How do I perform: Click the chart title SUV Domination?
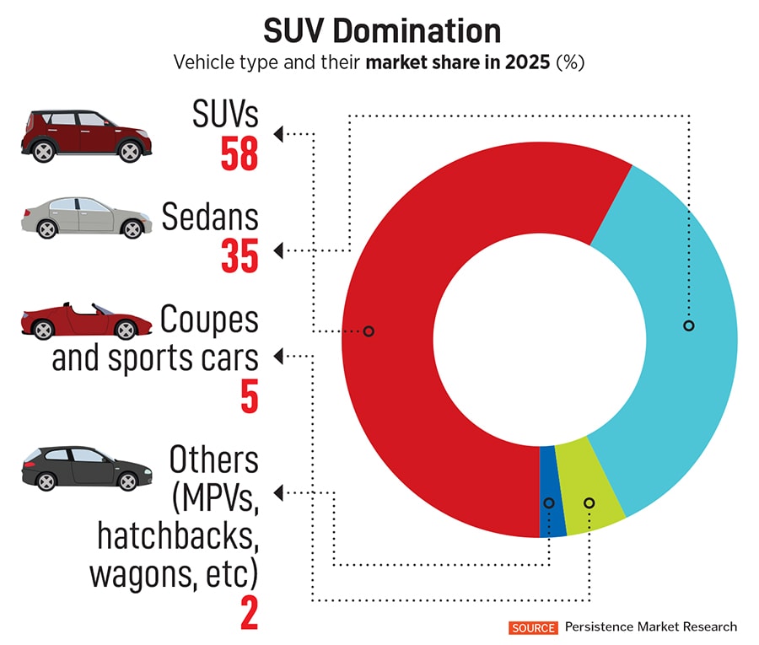click(x=381, y=31)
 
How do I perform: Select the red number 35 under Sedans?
click(x=240, y=255)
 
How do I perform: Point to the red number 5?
click(x=249, y=396)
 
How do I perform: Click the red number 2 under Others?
click(x=249, y=612)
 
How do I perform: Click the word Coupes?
click(x=209, y=321)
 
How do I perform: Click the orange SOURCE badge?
click(x=533, y=626)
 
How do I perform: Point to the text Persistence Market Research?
click(x=650, y=626)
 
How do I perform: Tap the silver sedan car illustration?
click(x=82, y=217)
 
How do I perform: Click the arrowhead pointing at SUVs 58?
click(x=279, y=132)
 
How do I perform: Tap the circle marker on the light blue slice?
click(x=688, y=325)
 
